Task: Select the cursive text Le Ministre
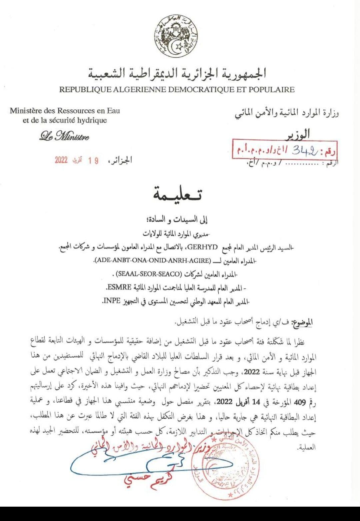[64, 136]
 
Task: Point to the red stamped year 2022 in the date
[61, 160]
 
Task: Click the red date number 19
[93, 160]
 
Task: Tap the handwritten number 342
[305, 151]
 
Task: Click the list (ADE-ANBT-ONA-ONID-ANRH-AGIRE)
[153, 260]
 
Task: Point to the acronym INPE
[112, 301]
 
